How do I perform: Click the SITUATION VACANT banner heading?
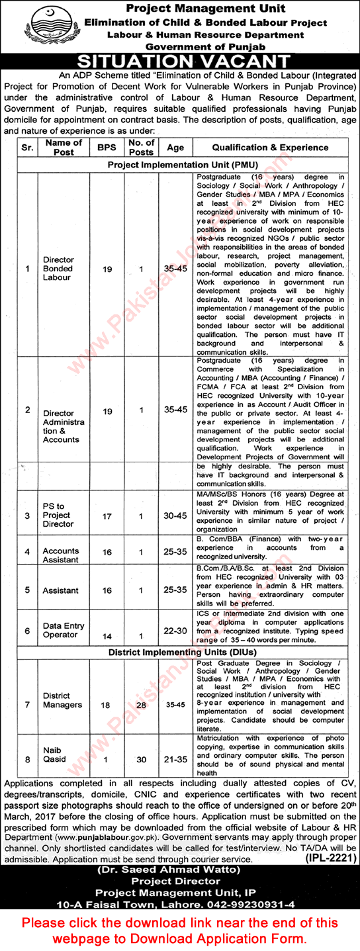[179, 62]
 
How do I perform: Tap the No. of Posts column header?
[141, 148]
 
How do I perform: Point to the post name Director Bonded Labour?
[58, 269]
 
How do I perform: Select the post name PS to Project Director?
[58, 516]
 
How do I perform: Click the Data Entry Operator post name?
[59, 631]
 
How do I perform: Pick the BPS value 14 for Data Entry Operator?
[105, 636]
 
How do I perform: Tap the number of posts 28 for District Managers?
[140, 705]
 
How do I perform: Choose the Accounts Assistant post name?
[60, 555]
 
